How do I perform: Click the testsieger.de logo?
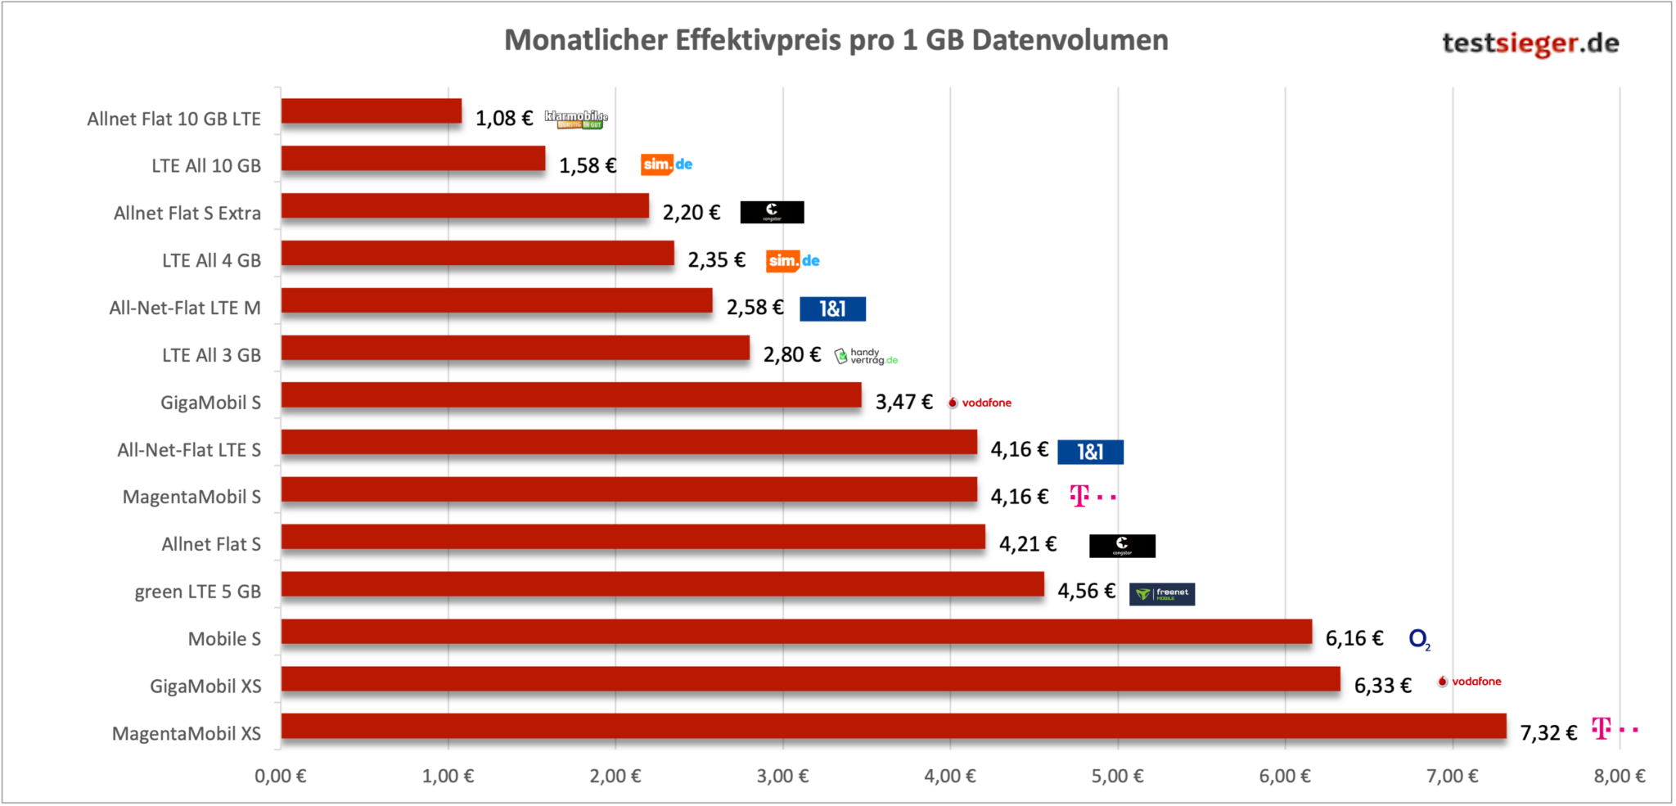[1530, 43]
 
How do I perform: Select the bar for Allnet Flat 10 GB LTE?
[372, 111]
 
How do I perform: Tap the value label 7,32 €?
[1548, 732]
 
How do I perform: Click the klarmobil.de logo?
[576, 119]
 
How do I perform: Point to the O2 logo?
[1419, 639]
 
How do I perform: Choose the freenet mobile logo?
[1161, 594]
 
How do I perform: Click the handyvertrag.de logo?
[866, 356]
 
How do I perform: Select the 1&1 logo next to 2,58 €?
[832, 308]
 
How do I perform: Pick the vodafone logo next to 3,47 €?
[980, 403]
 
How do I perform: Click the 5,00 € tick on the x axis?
[1117, 776]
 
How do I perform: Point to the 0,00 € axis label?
[280, 776]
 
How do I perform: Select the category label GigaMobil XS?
[205, 686]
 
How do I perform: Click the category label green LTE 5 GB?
[197, 592]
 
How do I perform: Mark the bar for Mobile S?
[796, 632]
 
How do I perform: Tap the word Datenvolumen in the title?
[1070, 40]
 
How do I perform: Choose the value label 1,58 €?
[587, 165]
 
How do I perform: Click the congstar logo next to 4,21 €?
[1122, 546]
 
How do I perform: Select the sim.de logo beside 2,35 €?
[792, 261]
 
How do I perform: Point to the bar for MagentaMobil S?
[628, 489]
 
